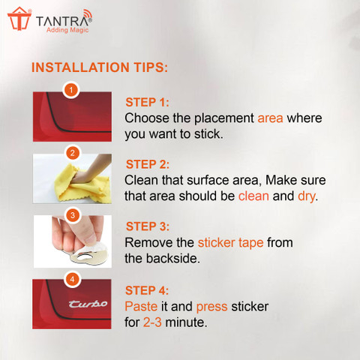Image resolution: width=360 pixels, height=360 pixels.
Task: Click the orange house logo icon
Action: coord(19,19)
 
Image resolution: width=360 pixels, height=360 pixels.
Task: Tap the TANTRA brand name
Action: coord(64,20)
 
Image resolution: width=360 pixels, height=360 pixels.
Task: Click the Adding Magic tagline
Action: coord(67,30)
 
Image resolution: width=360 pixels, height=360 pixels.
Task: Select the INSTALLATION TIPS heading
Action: coord(100,67)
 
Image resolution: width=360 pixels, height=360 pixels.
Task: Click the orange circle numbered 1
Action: coord(71,90)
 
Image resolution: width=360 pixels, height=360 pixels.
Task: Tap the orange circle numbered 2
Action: coord(73,153)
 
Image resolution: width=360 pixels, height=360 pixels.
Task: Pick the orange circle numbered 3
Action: coord(73,215)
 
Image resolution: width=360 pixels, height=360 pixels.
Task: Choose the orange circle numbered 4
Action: coord(72,279)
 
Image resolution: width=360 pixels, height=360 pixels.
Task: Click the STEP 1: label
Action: coord(147,102)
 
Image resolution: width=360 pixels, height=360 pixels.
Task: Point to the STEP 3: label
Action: coord(148,226)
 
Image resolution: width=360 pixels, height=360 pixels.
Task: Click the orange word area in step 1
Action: coord(270,118)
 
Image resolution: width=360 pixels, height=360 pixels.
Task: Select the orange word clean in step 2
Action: coord(253,196)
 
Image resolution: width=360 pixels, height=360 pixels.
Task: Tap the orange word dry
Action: coord(306,196)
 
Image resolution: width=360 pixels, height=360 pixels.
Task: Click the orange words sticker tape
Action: coord(230,243)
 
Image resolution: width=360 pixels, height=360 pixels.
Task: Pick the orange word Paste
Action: coord(141,307)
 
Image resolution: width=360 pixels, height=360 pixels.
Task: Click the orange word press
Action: coord(211,307)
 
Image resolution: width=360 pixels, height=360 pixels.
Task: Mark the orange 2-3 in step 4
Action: coord(152,322)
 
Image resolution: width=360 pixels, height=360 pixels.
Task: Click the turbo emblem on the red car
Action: coord(88,304)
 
